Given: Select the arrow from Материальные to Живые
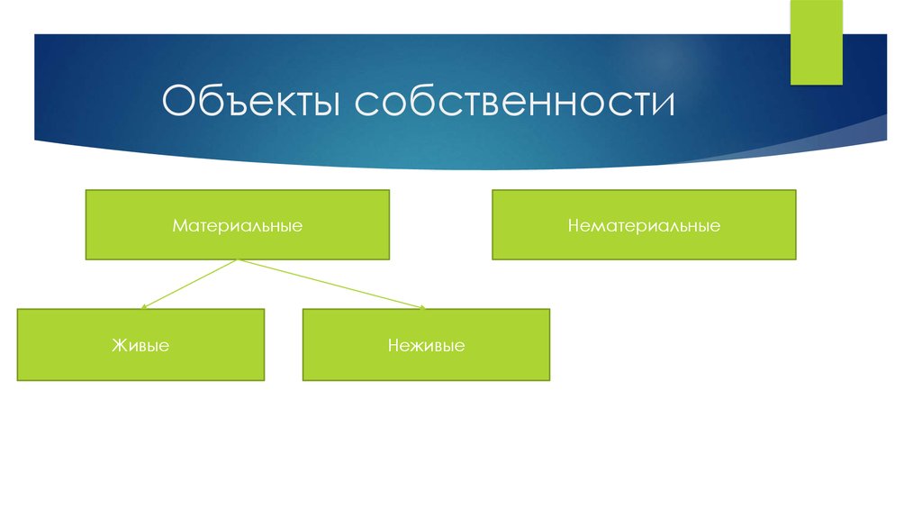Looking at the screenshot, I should click(x=189, y=285).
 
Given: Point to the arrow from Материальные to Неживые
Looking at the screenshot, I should click(x=333, y=285).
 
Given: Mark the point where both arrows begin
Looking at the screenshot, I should click(x=237, y=261).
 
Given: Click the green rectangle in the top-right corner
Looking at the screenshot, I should click(x=816, y=42).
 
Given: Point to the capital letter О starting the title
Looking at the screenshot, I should click(x=178, y=103).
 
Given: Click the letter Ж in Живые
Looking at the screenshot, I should click(x=118, y=345).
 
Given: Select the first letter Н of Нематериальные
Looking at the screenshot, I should click(x=573, y=225).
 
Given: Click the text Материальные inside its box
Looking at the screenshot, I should click(x=238, y=225).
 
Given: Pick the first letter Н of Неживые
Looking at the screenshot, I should click(x=393, y=345).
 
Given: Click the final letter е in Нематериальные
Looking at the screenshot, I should click(x=715, y=225).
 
